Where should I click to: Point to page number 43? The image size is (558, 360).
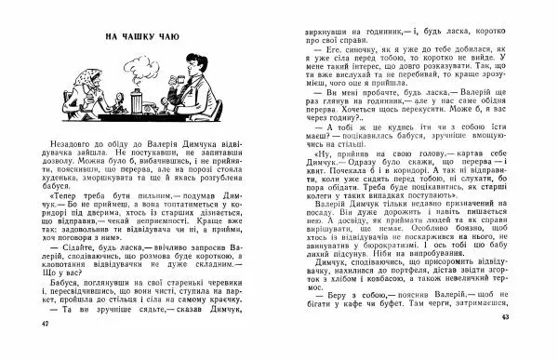506,343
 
